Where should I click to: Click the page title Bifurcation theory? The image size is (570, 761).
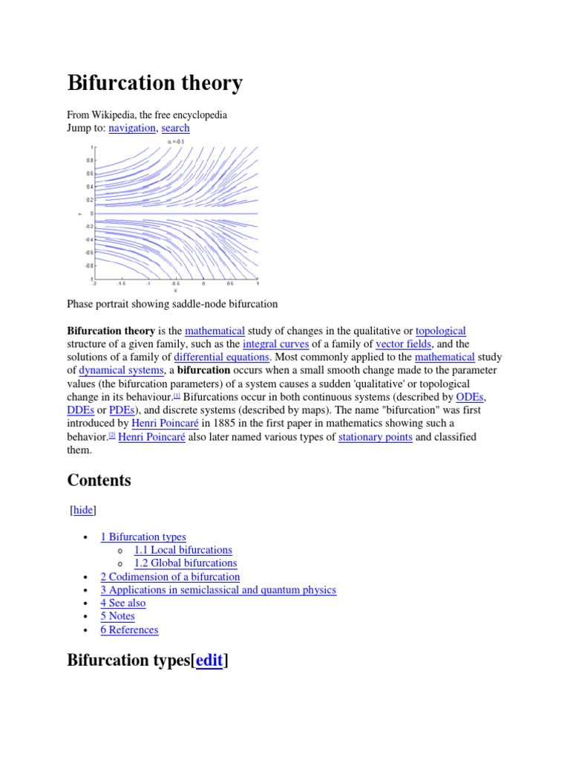[154, 83]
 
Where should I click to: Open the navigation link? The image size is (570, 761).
[132, 128]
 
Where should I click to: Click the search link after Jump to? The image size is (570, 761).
[175, 128]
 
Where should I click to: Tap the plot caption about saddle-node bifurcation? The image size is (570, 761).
[172, 304]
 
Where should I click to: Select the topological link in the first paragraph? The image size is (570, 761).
[441, 331]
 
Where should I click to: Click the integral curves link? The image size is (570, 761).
[275, 344]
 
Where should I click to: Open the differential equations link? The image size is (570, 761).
[221, 357]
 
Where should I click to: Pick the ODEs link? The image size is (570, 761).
[470, 397]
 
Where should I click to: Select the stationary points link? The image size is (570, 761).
[375, 437]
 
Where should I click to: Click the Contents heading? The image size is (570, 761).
[99, 480]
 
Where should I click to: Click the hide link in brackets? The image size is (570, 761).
[83, 510]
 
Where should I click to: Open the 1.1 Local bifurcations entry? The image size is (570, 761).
[183, 550]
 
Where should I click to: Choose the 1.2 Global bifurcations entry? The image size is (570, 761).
[185, 563]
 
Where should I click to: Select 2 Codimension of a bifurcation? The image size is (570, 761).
[170, 577]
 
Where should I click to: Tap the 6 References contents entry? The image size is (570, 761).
[129, 630]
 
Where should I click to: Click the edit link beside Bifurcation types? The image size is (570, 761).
[209, 661]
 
